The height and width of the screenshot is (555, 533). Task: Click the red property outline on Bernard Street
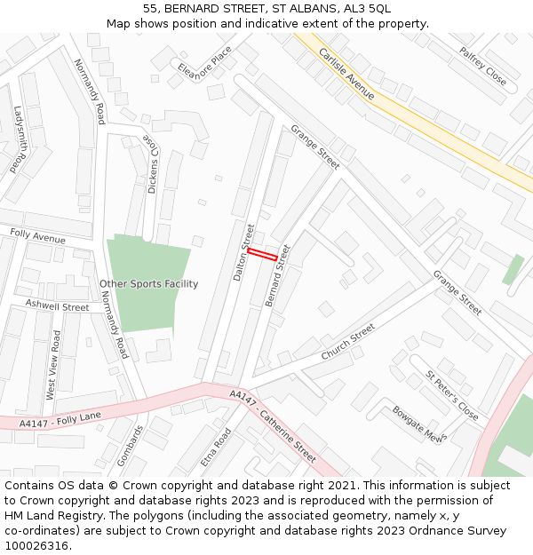click(262, 254)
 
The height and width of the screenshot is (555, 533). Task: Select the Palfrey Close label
click(482, 67)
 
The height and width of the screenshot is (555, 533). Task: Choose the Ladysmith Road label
click(20, 139)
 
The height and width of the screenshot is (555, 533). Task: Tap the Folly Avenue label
click(37, 235)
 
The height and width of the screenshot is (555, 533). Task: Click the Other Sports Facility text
click(148, 284)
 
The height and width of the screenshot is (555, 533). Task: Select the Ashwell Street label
click(57, 306)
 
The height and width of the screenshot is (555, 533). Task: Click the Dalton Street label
click(243, 253)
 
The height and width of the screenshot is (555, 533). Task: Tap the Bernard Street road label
click(278, 275)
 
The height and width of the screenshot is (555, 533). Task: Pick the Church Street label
click(348, 342)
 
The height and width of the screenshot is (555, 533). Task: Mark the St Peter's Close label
click(451, 396)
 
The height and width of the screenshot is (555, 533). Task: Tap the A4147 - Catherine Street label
click(272, 426)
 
